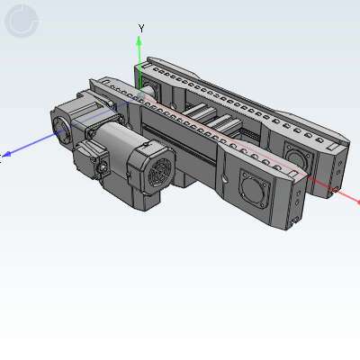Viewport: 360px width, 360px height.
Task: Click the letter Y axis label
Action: pyautogui.click(x=139, y=28)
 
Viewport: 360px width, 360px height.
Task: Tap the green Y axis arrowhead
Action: pyautogui.click(x=139, y=40)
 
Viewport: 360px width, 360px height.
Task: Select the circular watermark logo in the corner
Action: pyautogui.click(x=21, y=22)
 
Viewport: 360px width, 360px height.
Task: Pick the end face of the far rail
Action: pyautogui.click(x=336, y=162)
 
